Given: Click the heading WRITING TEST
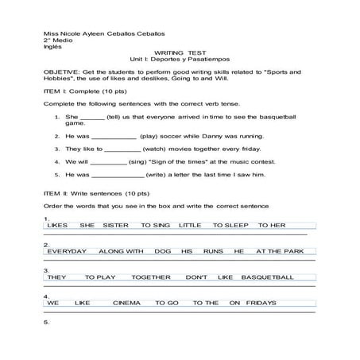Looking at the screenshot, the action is click(x=179, y=52).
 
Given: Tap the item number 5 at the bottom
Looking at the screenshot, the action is click(x=47, y=323).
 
